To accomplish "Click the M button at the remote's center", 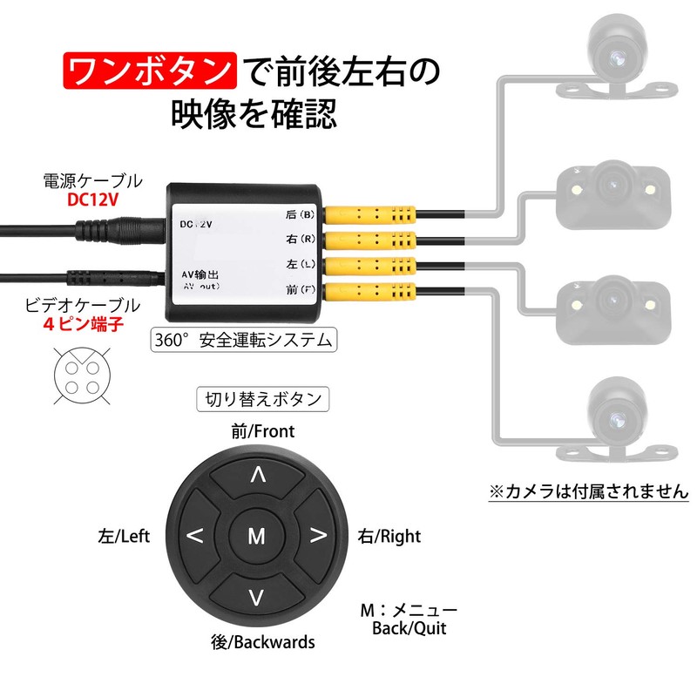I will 256,536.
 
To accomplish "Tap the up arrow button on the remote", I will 257,475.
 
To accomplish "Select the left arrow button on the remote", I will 196,536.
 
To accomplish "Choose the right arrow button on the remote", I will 318,536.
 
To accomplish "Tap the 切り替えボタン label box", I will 261,400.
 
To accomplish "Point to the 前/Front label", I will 263,431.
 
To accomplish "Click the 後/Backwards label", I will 263,643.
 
